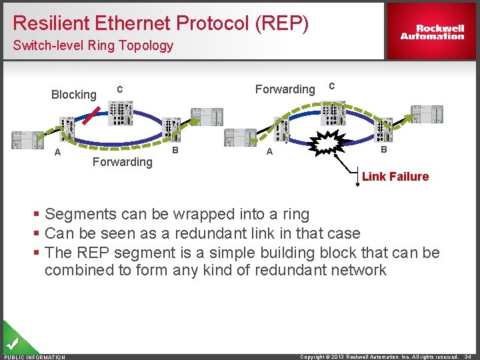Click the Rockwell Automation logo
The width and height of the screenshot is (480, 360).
432,32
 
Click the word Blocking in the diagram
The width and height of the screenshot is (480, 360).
74,95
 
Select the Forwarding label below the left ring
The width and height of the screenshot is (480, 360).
122,162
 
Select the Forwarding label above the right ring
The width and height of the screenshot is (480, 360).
285,89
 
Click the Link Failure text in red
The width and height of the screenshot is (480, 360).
395,177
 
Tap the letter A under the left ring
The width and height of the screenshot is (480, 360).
58,152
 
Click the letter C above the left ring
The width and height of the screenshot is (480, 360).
119,89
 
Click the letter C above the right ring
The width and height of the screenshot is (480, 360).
332,86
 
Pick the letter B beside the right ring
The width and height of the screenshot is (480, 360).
384,150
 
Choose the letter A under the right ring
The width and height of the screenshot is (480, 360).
269,152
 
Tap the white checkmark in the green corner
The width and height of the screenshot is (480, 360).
11,344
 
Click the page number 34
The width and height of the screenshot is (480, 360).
469,357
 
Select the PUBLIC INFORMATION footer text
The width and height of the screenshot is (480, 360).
35,357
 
